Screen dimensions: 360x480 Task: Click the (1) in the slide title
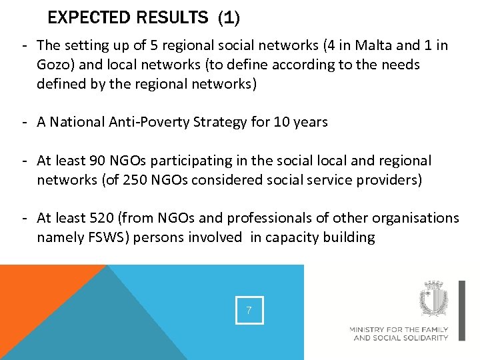pos(228,17)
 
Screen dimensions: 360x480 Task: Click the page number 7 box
pos(249,310)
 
